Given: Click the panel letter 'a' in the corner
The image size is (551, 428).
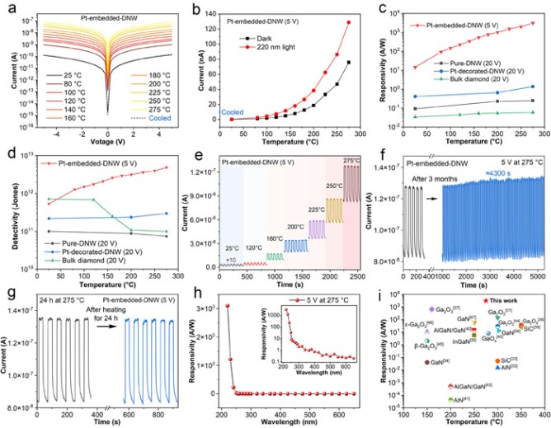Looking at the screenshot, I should click(7, 7).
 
